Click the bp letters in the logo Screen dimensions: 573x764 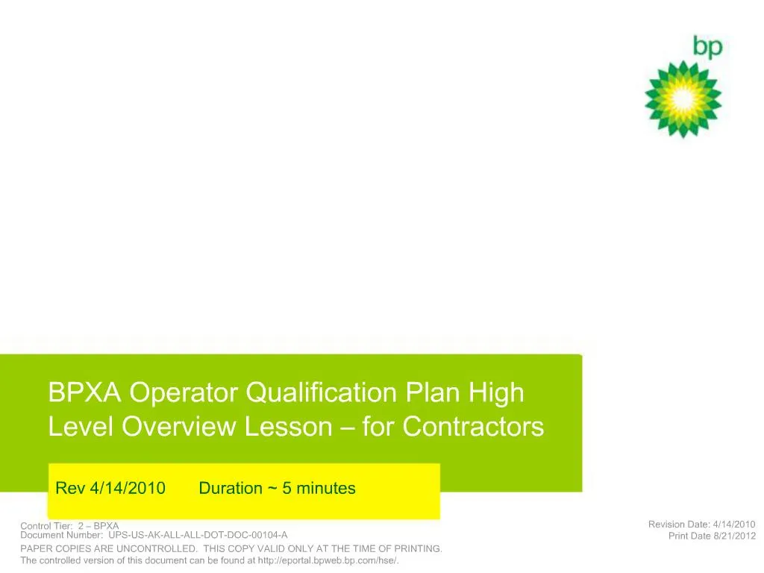click(x=707, y=47)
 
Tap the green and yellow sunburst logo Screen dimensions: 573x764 click(x=683, y=99)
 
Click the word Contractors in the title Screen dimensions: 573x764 click(x=473, y=427)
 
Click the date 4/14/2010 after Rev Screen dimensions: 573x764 click(x=127, y=489)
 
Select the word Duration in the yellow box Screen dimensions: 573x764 click(x=231, y=489)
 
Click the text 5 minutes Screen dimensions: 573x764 click(x=319, y=489)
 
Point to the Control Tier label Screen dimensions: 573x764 click(x=46, y=526)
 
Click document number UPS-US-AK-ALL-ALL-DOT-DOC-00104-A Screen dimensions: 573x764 click(x=197, y=535)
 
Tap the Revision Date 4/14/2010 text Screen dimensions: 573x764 click(x=701, y=525)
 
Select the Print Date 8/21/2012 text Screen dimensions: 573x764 click(x=712, y=536)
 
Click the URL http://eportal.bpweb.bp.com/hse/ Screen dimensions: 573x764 click(x=328, y=560)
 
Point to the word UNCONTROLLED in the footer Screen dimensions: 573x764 click(x=155, y=549)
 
